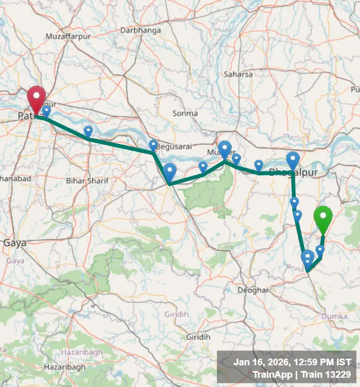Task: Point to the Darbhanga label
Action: click(140, 30)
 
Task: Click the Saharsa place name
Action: click(238, 74)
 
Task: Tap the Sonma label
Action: click(185, 114)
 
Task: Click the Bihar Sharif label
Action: click(83, 181)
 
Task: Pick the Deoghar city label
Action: click(253, 291)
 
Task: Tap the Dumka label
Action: click(334, 316)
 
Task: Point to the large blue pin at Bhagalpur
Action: click(293, 160)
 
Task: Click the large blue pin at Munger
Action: click(225, 149)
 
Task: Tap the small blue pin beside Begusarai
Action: click(153, 145)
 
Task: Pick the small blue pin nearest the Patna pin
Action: click(46, 110)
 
